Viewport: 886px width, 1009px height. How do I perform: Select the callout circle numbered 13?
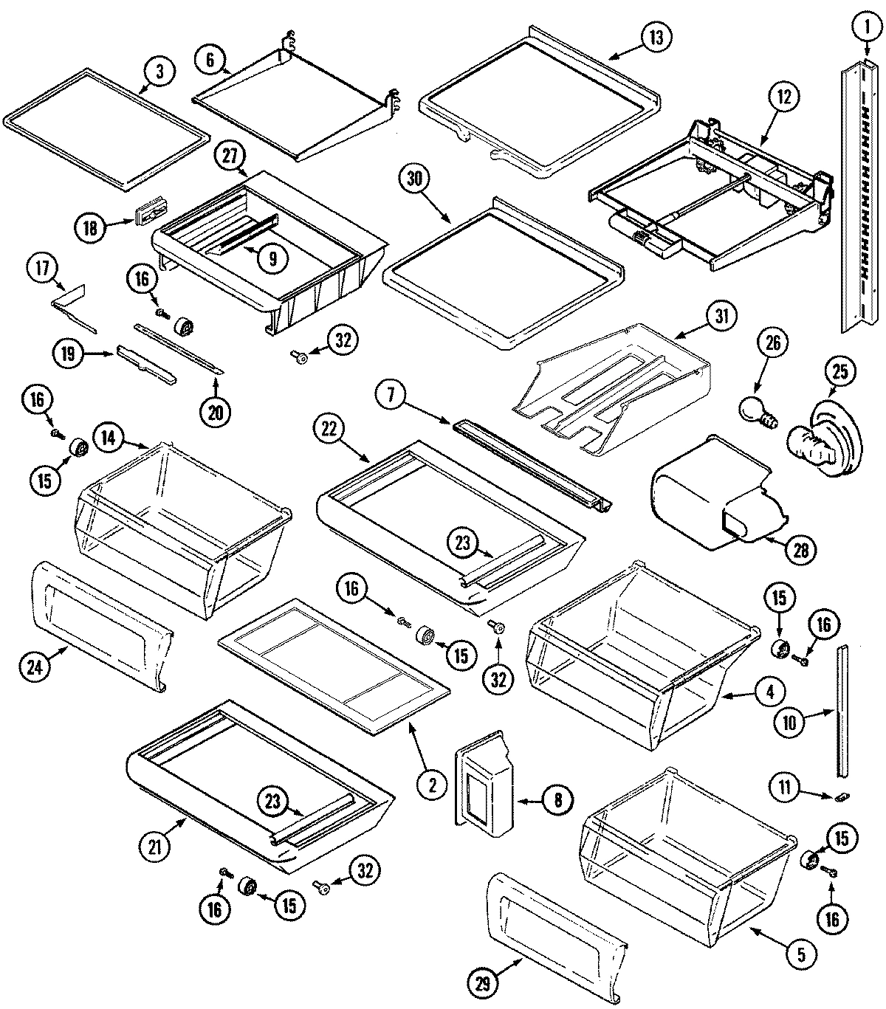656,37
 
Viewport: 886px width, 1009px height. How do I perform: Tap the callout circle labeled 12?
783,96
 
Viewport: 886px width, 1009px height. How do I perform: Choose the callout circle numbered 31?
721,317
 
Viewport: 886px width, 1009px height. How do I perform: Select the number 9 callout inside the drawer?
272,258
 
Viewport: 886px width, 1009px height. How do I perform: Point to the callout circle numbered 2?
432,785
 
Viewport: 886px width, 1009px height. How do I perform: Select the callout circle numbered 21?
154,847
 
